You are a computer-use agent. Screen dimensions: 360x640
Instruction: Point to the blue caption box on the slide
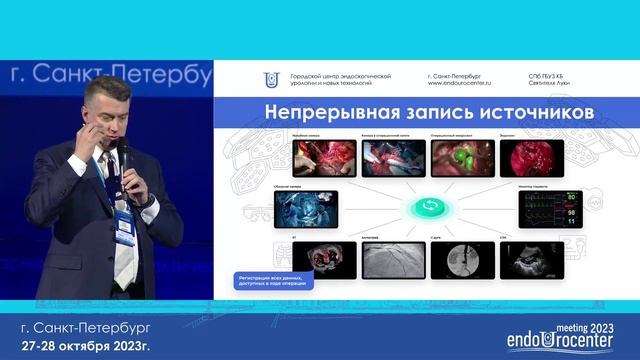(x=268, y=278)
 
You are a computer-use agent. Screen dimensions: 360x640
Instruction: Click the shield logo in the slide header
(x=269, y=79)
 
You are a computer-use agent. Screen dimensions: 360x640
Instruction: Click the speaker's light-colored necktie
(x=123, y=240)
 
